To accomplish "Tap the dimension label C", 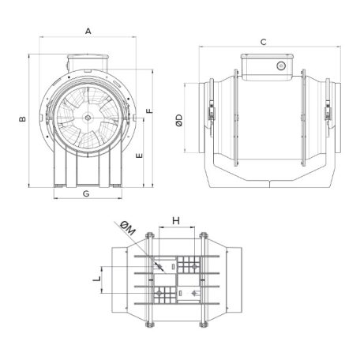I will point(263,41).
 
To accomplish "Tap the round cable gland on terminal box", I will point(280,67).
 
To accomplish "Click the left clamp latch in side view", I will point(211,114).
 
